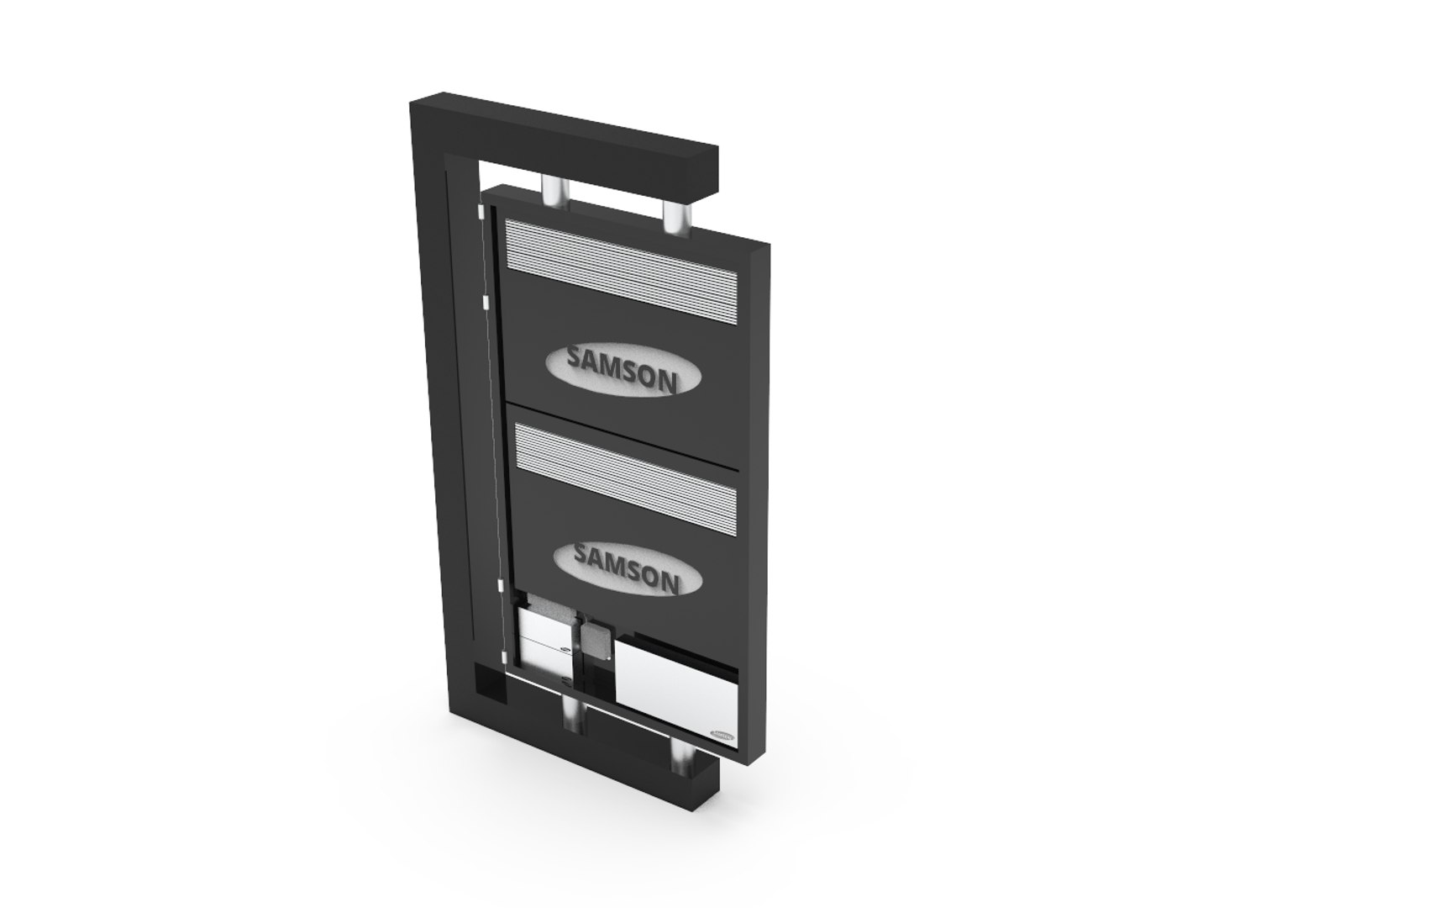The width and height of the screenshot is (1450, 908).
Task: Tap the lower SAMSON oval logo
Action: click(627, 567)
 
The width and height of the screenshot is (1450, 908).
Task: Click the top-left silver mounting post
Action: click(554, 189)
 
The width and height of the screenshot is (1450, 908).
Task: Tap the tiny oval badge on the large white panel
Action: click(722, 733)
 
